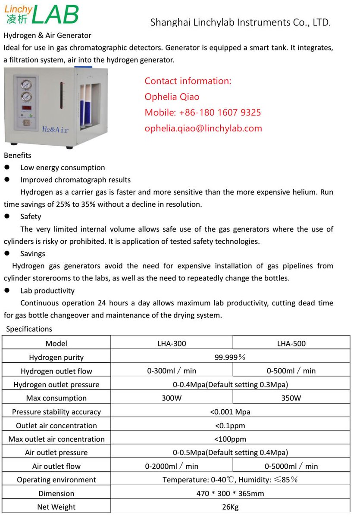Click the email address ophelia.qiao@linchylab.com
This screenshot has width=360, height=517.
(x=203, y=128)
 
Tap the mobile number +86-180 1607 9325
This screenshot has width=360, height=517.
(x=203, y=112)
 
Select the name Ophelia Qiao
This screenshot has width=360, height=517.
(x=172, y=97)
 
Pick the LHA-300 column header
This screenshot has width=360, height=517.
(x=172, y=343)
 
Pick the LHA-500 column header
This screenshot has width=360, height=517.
(x=291, y=343)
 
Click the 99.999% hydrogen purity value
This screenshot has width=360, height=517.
(x=230, y=357)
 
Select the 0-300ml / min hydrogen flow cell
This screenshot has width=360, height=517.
(x=172, y=371)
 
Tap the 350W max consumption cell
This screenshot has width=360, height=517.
(x=291, y=398)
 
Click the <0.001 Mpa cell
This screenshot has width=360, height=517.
(x=230, y=411)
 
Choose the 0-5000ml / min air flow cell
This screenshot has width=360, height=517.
(x=291, y=466)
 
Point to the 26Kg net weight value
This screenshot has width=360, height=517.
(x=230, y=507)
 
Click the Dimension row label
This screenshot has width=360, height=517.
(x=56, y=493)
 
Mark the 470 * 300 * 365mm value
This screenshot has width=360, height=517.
(x=230, y=493)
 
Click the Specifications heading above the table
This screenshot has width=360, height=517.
(x=29, y=329)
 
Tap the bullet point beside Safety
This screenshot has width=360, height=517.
(x=7, y=217)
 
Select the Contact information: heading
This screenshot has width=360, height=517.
(x=188, y=81)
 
